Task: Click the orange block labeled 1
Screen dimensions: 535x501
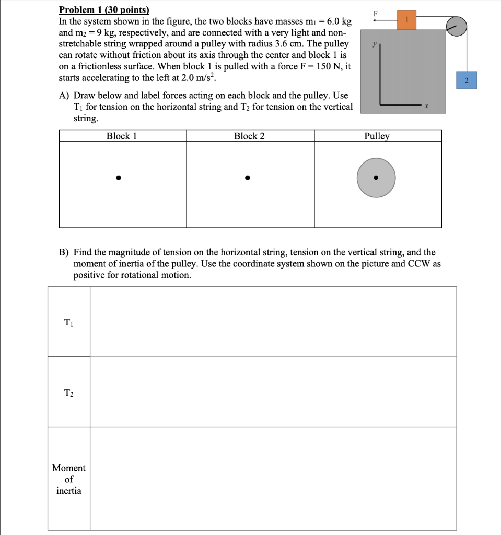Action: pyautogui.click(x=406, y=19)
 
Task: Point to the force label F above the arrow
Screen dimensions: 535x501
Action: pyautogui.click(x=375, y=13)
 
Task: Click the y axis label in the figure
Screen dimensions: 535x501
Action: pyautogui.click(x=374, y=45)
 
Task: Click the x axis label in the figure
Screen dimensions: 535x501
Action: pyautogui.click(x=427, y=106)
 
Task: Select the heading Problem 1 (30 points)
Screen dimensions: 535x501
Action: pyautogui.click(x=104, y=10)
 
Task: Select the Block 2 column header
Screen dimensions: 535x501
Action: pyautogui.click(x=249, y=136)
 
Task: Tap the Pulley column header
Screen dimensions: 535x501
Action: pyautogui.click(x=377, y=136)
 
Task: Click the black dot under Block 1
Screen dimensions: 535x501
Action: pyautogui.click(x=119, y=178)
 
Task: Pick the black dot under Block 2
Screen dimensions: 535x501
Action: pyautogui.click(x=248, y=178)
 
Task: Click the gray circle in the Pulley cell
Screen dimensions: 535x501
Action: pyautogui.click(x=376, y=178)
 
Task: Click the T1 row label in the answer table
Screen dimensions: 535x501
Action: pyautogui.click(x=69, y=322)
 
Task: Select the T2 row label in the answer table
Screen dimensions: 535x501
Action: pyautogui.click(x=69, y=392)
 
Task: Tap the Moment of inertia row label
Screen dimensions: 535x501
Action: pyautogui.click(x=69, y=479)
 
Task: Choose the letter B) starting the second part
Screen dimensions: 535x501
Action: pyautogui.click(x=64, y=252)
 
